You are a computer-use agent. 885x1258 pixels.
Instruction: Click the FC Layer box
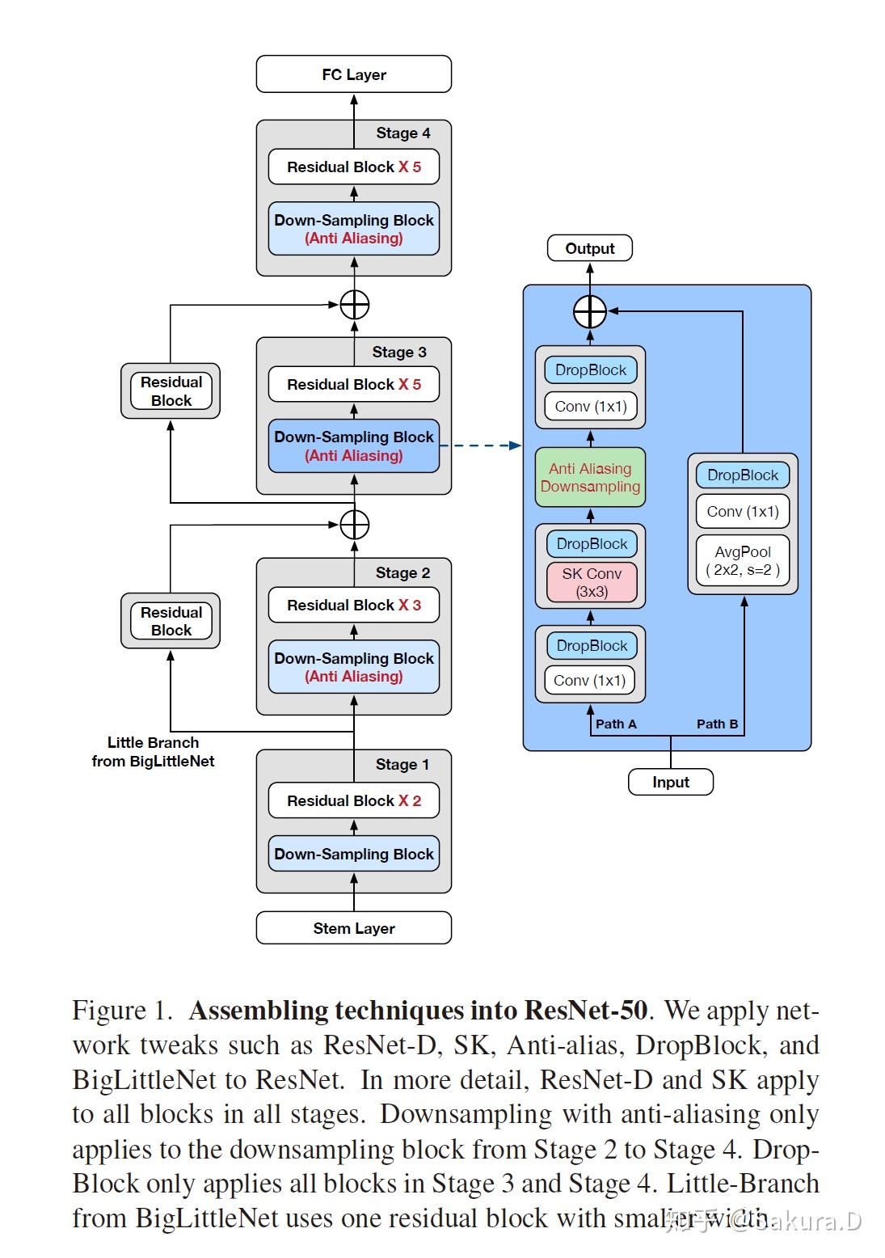(353, 74)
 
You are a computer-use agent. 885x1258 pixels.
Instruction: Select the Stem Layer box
(353, 927)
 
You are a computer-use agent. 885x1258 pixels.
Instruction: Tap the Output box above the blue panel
(590, 247)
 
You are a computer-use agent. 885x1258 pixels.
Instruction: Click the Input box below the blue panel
(671, 781)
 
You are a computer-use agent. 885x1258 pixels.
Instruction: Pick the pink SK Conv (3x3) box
(592, 582)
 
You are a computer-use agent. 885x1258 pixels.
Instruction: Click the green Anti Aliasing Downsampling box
(590, 477)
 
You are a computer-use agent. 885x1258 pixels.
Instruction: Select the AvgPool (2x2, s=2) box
(743, 560)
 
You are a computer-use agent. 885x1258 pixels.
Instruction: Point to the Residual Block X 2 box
(354, 800)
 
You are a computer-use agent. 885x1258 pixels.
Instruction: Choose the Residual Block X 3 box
(354, 605)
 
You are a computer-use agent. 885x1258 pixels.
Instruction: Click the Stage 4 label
(402, 133)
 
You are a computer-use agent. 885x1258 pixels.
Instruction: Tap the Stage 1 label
(402, 764)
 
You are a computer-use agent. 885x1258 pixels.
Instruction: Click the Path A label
(616, 724)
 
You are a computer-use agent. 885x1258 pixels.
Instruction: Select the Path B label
(717, 724)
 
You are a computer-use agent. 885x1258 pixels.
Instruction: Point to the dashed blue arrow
(481, 445)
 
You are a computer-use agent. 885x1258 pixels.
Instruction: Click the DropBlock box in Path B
(743, 475)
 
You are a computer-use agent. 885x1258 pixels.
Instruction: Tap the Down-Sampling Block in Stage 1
(354, 854)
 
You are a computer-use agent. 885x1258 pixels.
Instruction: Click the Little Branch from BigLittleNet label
(153, 751)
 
